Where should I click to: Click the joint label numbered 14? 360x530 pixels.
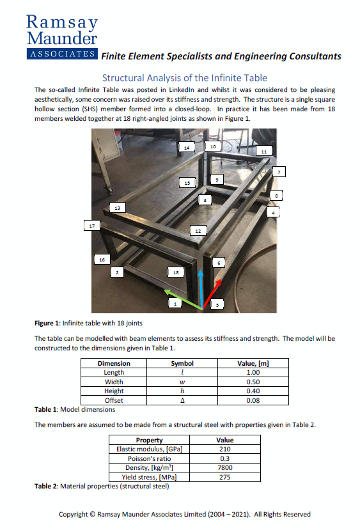pos(186,148)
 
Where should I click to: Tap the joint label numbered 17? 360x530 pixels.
pos(93,225)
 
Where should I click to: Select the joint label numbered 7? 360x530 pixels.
pos(279,171)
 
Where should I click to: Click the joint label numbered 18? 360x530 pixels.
pos(176,272)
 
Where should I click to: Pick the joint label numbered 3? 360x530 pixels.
pos(204,200)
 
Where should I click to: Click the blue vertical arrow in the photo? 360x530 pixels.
pos(201,288)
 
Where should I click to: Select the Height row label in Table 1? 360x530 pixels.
pos(114,391)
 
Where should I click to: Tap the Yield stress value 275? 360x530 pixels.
pos(225,477)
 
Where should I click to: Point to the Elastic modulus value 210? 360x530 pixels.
pos(225,449)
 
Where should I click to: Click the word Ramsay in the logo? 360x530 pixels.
pos(62,22)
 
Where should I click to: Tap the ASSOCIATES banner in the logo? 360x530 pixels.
pos(62,54)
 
